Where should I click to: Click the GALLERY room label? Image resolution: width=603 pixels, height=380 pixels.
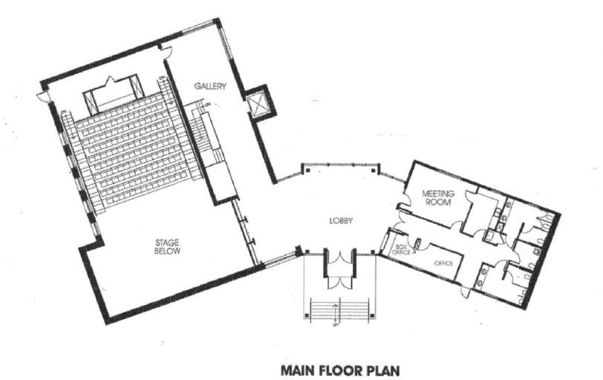[209, 86]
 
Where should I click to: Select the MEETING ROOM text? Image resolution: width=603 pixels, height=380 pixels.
[437, 198]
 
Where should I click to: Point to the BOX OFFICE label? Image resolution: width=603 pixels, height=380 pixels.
[402, 248]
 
